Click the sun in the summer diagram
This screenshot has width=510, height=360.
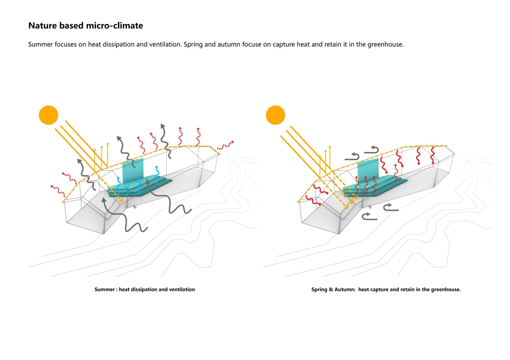pyautogui.click(x=49, y=115)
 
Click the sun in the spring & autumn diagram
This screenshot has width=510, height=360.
pyautogui.click(x=275, y=115)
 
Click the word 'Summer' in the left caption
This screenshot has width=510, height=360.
pyautogui.click(x=105, y=290)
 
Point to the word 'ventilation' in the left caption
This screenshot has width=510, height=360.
pyautogui.click(x=181, y=290)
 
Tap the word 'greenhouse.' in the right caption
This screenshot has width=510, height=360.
pyautogui.click(x=446, y=290)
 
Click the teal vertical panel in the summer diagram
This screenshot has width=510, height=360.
pyautogui.click(x=134, y=171)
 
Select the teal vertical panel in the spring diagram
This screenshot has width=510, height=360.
pyautogui.click(x=368, y=171)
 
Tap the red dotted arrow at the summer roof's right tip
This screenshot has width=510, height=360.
pyautogui.click(x=226, y=144)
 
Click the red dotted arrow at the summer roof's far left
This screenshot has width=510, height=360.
pyautogui.click(x=58, y=190)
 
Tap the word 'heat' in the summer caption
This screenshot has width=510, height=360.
pyautogui.click(x=124, y=290)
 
